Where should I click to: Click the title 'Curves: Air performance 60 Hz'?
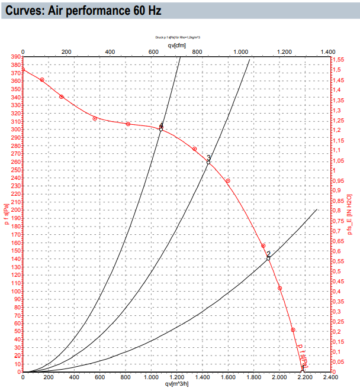(83, 11)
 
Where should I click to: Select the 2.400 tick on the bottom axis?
(329, 377)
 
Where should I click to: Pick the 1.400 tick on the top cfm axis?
(328, 52)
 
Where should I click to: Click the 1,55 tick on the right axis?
(337, 60)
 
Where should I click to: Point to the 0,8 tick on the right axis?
(336, 211)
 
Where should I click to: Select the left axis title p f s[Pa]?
(6, 214)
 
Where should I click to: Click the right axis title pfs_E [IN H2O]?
(351, 215)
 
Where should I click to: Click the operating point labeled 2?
(268, 258)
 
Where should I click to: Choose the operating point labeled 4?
(160, 128)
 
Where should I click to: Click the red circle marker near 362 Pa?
(42, 80)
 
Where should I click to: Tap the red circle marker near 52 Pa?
(292, 330)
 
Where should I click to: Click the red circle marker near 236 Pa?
(228, 181)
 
